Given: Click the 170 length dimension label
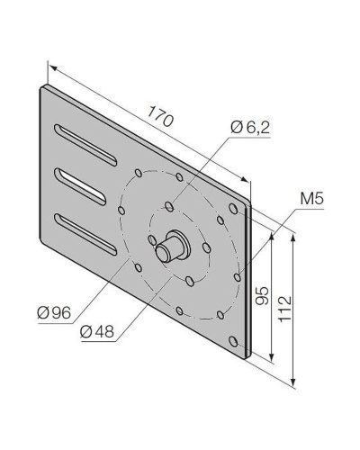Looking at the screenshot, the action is pos(160,116).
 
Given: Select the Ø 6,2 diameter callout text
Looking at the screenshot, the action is pos(250,128).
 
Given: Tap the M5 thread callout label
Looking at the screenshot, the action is pos(311,199).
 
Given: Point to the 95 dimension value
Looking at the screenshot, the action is pos(262,296).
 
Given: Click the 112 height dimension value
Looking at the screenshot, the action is pos(284,309).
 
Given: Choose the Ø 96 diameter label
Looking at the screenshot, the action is pos(54,313).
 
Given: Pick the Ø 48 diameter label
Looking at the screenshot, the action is pos(97,332).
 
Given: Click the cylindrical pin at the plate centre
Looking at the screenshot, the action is pos(169,247).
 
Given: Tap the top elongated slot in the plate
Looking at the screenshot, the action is pos(85,145).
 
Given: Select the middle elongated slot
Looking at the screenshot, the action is pos(80,187).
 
